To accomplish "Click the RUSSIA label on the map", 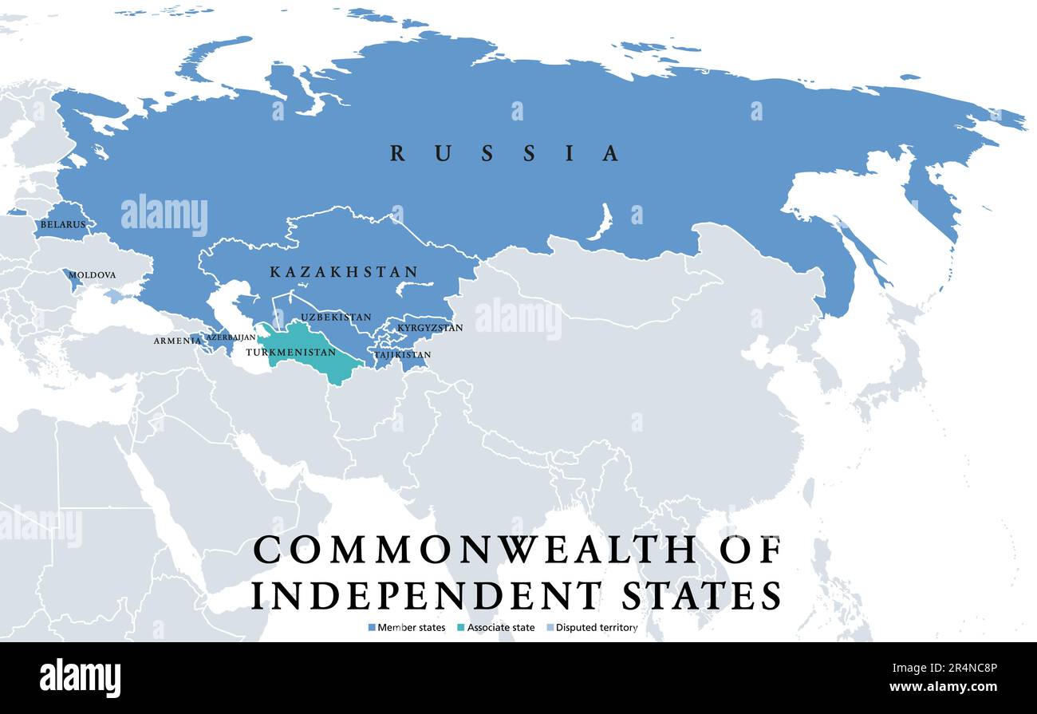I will [x=504, y=153].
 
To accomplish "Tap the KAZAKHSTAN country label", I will [x=344, y=272].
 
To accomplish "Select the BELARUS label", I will [x=63, y=225].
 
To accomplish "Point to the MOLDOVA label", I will [x=93, y=275].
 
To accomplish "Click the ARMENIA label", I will [x=178, y=341].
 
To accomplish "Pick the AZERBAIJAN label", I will [x=231, y=337].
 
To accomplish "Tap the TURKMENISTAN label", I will [x=291, y=353].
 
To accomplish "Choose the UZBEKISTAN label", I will [x=336, y=318].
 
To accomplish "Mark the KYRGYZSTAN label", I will [x=430, y=328].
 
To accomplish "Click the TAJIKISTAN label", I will [x=403, y=355].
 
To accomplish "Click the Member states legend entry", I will [x=412, y=628].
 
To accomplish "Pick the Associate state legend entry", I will [x=501, y=628].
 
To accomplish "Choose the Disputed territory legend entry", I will [x=597, y=628].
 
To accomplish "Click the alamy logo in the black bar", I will [x=80, y=678].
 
